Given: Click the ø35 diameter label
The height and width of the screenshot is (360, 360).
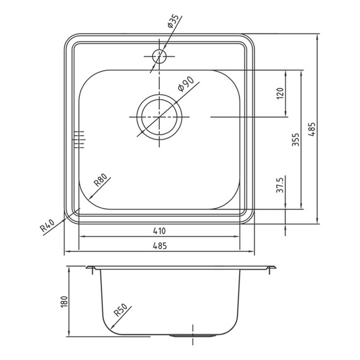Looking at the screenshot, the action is point(173,21).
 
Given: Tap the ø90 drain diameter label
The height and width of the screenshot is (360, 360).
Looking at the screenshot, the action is point(186,84).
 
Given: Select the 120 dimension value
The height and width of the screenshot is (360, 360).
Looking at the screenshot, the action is point(280,93).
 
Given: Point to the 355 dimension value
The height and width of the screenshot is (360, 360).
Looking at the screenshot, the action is point(296,140).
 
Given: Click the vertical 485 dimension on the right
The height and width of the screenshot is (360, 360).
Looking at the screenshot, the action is point(312,129).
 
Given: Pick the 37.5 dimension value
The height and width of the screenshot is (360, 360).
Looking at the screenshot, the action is point(280,185).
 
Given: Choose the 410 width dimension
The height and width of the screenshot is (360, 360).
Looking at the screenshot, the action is point(159,231).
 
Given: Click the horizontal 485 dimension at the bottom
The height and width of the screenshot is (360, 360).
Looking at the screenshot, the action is point(160,246).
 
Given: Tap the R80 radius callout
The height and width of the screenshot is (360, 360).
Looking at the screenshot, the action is point(100,179).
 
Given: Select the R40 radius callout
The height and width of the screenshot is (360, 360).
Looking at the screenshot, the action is point(47,225).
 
